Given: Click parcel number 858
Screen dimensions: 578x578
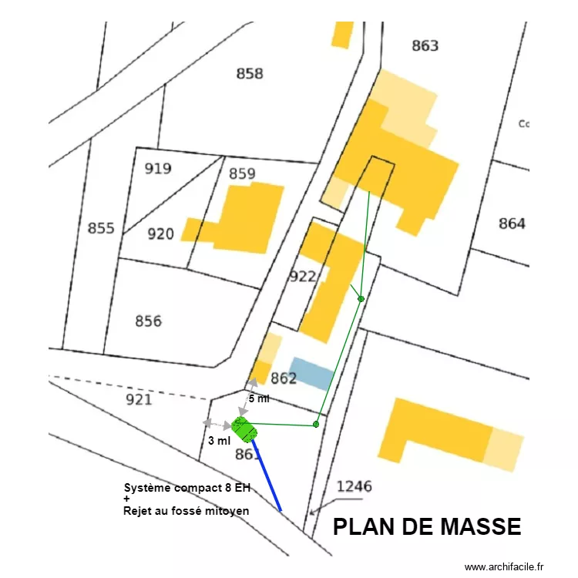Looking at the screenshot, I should pos(250,74).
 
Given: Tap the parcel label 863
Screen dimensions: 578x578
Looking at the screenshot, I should pos(425,45).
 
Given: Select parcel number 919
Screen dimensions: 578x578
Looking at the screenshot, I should pos(158,169).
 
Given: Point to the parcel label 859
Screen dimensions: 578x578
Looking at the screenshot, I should pos(242,173).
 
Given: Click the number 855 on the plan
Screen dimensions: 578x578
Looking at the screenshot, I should pos(101,228).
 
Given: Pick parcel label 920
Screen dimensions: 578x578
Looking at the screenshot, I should pos(160,234).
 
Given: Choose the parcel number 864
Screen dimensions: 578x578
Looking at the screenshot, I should pos(512,223).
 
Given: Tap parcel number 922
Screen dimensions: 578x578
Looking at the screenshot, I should pos(303,276).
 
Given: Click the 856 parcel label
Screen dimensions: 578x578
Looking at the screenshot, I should pos(148,321).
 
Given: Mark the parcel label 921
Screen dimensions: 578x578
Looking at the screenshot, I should pos(139,398).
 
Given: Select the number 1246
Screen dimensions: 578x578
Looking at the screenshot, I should pos(354,486).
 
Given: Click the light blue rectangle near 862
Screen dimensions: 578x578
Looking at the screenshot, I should pos(311,372).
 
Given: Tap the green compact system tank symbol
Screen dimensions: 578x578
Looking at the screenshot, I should pos(244,428).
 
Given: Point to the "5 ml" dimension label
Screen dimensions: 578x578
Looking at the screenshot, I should pos(259,398).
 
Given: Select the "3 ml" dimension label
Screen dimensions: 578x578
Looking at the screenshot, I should pos(219,441).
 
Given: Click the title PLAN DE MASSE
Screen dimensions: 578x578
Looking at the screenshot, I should pos(427,527).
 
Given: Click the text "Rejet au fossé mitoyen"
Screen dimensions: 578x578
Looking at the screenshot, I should pos(191,510).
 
